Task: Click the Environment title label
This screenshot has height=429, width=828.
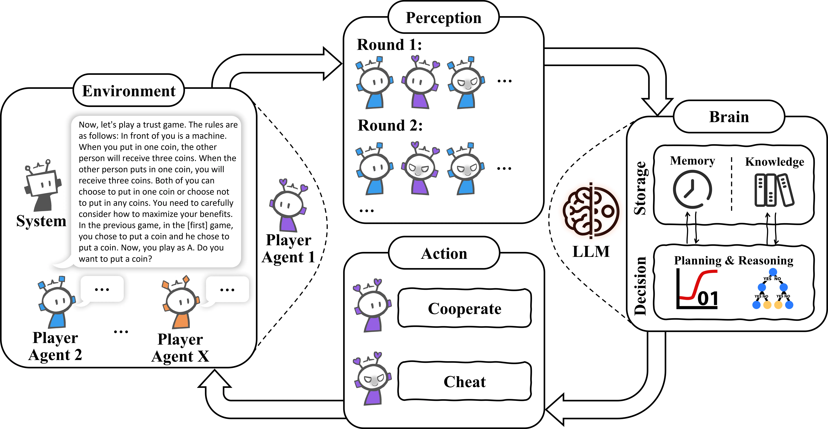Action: click(129, 91)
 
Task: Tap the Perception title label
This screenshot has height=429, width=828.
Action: click(444, 18)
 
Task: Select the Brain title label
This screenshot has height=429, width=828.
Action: click(729, 117)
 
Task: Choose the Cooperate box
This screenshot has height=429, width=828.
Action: click(464, 308)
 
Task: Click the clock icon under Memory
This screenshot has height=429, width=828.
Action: click(692, 189)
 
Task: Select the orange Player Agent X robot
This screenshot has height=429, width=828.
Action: click(181, 302)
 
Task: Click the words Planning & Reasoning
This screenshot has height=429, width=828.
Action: click(734, 260)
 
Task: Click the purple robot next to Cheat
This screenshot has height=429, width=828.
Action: click(373, 379)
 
